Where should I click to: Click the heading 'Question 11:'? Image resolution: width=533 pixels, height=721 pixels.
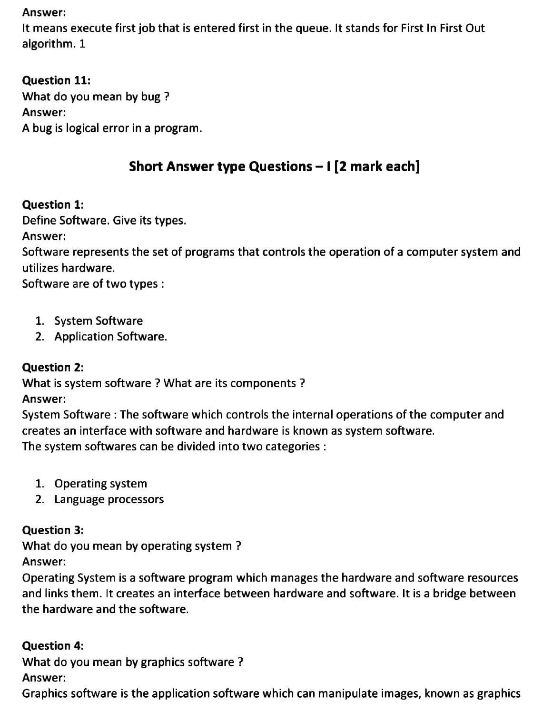click(53, 80)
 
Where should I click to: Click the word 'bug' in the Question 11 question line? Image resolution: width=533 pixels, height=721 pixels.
click(150, 97)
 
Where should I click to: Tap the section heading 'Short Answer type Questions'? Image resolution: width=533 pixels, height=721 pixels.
click(220, 166)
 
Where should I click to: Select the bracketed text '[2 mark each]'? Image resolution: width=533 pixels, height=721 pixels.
click(377, 166)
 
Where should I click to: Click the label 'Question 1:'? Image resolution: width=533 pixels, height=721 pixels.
click(53, 205)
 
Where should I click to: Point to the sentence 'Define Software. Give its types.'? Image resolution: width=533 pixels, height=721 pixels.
click(104, 221)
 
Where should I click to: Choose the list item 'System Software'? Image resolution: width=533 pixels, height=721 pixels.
click(99, 321)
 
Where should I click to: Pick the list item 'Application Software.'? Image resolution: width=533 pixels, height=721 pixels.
click(111, 337)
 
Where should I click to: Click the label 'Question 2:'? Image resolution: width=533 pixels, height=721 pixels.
click(53, 367)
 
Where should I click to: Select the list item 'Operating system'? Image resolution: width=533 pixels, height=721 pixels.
click(101, 484)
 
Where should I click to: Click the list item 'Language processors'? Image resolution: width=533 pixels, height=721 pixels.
click(109, 499)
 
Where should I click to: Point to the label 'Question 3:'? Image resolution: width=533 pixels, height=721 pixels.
click(53, 530)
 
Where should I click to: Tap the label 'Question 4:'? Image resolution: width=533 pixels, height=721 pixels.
click(53, 645)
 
